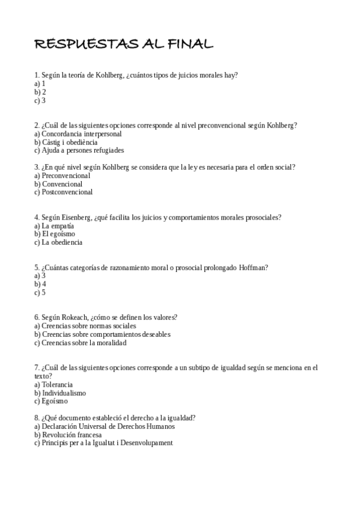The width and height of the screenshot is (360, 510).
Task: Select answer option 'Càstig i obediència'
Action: pos(66,142)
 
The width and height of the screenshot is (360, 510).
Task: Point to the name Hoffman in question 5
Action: pos(253,268)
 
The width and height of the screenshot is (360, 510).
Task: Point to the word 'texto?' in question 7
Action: pos(43,375)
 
